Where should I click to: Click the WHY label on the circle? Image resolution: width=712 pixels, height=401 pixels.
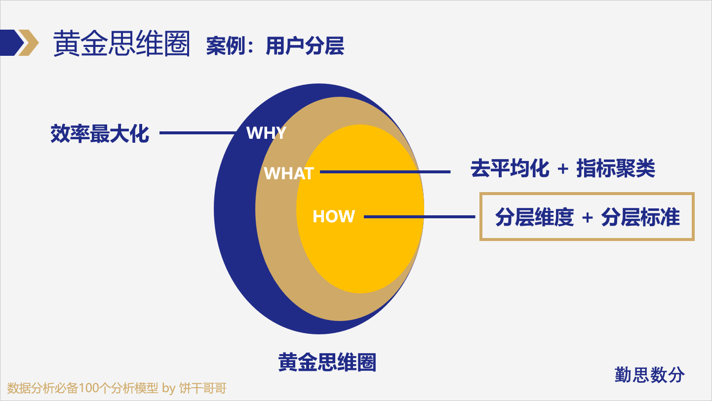pos(266,133)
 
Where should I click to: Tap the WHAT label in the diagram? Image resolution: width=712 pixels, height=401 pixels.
pos(289,173)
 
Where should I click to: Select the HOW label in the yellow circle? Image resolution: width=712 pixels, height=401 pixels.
pos(334,216)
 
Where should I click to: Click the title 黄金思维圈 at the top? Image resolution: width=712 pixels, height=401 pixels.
pos(121,43)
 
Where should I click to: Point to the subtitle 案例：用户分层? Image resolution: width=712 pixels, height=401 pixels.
pos(275,46)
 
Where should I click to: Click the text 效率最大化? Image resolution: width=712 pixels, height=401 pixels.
pos(100,133)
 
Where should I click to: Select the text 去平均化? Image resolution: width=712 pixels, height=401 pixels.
pos(510,169)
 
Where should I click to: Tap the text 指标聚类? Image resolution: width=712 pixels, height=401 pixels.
pos(616,169)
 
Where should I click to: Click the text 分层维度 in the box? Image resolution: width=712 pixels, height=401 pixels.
pos(534,217)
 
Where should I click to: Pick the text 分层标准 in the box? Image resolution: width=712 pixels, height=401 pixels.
pos(640,217)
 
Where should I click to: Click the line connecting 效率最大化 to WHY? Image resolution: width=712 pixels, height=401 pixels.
pos(198,133)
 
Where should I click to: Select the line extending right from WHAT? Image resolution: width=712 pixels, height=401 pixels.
pos(385,172)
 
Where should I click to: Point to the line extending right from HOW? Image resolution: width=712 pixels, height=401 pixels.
pos(420,216)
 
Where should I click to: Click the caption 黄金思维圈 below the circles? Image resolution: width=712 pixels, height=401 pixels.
pos(327,362)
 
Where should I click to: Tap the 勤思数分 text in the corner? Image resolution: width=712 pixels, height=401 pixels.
pos(650,375)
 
